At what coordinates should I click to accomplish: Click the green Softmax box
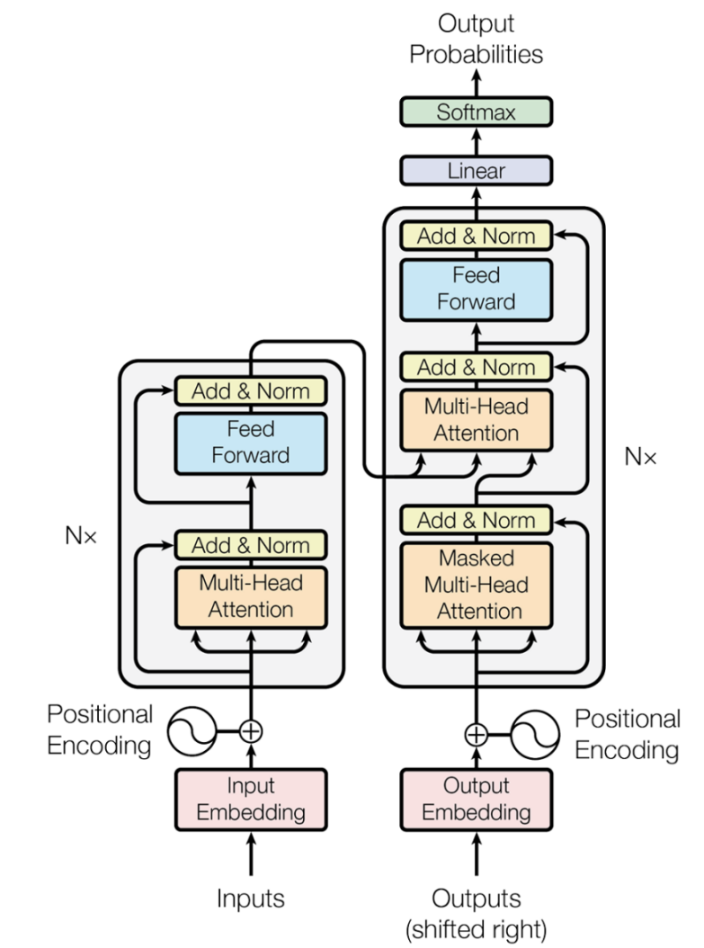point(476,112)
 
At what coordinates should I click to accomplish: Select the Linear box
point(476,170)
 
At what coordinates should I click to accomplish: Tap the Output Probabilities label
point(476,39)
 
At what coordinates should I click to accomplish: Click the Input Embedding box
point(251,799)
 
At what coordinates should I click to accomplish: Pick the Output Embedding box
point(476,799)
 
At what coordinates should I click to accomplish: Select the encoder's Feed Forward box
point(251,442)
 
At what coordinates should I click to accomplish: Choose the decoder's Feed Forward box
point(476,288)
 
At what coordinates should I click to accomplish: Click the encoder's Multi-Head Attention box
point(251,595)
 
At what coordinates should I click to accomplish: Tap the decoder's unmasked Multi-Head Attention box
point(476,419)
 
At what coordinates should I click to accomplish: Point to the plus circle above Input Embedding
point(252,731)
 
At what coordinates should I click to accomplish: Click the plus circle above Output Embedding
point(476,734)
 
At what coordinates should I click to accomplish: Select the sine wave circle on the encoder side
point(192,731)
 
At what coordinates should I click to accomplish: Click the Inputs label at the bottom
point(251,898)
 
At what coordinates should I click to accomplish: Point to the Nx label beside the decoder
point(640,457)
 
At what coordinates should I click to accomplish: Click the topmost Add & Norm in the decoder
point(476,236)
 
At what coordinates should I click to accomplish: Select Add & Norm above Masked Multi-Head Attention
point(476,520)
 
